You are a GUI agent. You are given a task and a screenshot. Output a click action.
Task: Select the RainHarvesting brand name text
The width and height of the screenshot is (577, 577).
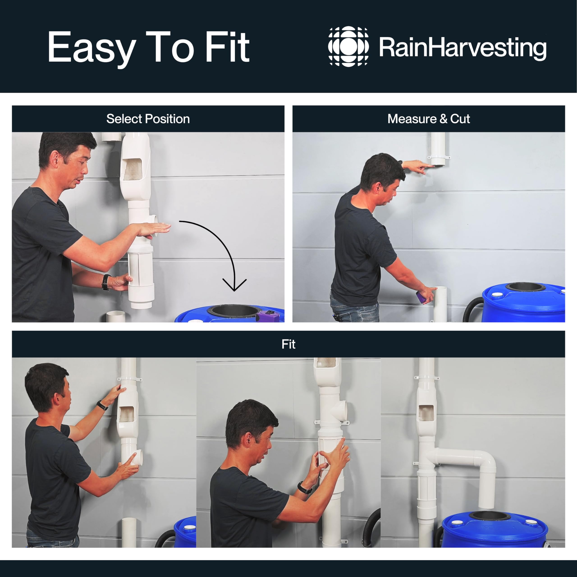(463, 48)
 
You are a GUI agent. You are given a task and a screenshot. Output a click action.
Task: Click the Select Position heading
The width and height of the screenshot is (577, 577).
(148, 119)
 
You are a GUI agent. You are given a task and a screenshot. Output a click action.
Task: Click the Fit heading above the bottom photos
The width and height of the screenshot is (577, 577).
(288, 344)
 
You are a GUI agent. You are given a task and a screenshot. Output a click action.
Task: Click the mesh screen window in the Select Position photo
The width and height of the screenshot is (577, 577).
(132, 169)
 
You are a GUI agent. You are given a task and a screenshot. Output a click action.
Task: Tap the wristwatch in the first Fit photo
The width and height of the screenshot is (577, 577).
(102, 405)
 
